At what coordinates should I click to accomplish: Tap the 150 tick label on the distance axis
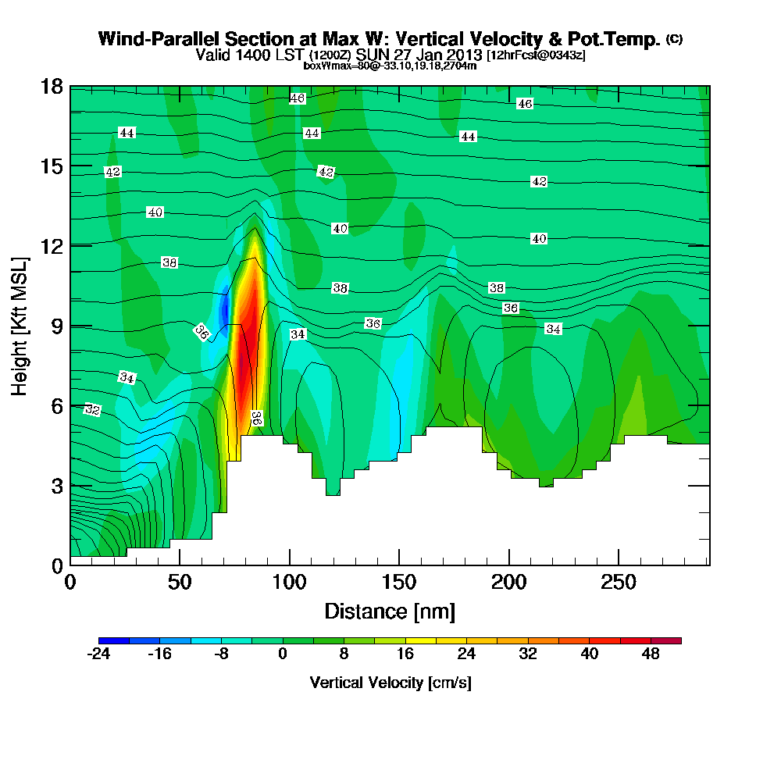coord(399,583)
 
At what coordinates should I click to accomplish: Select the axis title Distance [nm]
coord(390,611)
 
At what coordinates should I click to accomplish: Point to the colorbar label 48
coord(651,654)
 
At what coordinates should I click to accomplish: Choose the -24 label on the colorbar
coord(98,654)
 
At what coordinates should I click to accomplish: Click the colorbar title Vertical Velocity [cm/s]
coord(390,683)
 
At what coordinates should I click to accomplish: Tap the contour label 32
coord(92,409)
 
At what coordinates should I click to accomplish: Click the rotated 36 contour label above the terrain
coord(255,419)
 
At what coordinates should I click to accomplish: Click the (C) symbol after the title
coord(674,39)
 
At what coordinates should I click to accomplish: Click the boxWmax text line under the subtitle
coord(390,66)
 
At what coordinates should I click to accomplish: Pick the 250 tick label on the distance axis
coord(619,583)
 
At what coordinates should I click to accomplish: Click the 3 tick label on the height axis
coord(57,485)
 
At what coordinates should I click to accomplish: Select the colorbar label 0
coord(283,654)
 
